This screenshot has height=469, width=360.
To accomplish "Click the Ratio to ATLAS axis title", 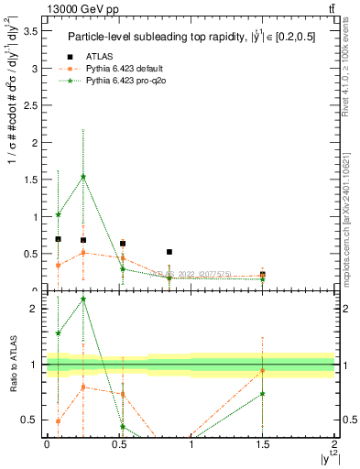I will click(x=14, y=364).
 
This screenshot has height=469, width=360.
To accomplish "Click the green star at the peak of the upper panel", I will click(x=83, y=177).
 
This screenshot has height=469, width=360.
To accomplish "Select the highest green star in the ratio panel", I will click(x=83, y=299).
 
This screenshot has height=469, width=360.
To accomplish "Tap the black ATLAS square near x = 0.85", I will click(x=169, y=252).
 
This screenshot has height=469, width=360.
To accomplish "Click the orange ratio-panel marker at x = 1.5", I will click(x=263, y=371).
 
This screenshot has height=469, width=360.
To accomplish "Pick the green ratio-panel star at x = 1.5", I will click(x=263, y=394).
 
